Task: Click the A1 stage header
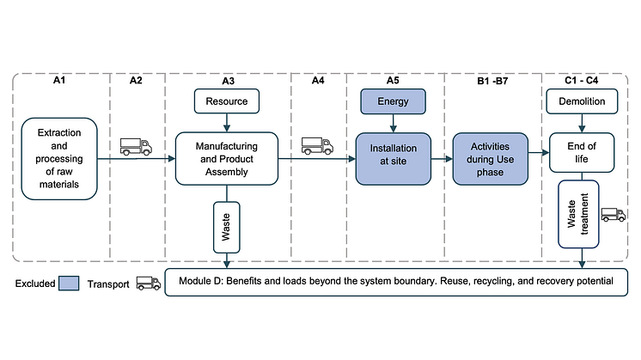point(59,81)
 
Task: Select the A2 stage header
point(136,81)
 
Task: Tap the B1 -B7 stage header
point(491,81)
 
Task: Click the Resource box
point(227,101)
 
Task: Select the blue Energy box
point(392,101)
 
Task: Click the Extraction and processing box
point(59,159)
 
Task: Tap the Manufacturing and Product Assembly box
point(227,157)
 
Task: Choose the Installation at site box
point(392,157)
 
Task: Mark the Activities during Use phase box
point(491,157)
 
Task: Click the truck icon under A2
point(135,147)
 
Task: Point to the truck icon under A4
point(317,146)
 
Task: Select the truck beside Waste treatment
point(614,215)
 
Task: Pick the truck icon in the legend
point(148,282)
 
